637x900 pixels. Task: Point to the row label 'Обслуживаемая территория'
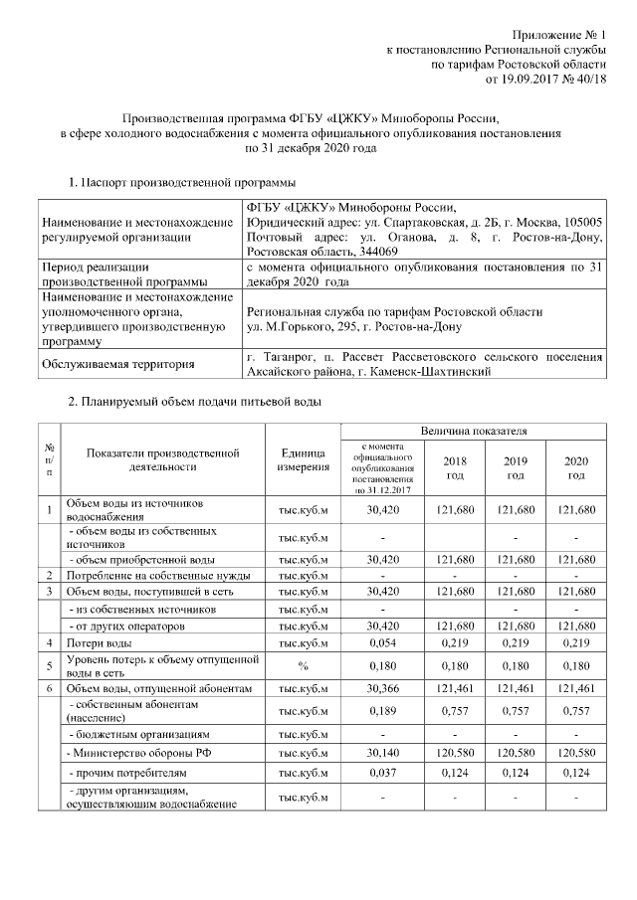[117, 365]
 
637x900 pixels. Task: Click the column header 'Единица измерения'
[304, 459]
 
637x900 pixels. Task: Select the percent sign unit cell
[304, 665]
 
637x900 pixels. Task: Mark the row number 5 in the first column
[49, 665]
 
